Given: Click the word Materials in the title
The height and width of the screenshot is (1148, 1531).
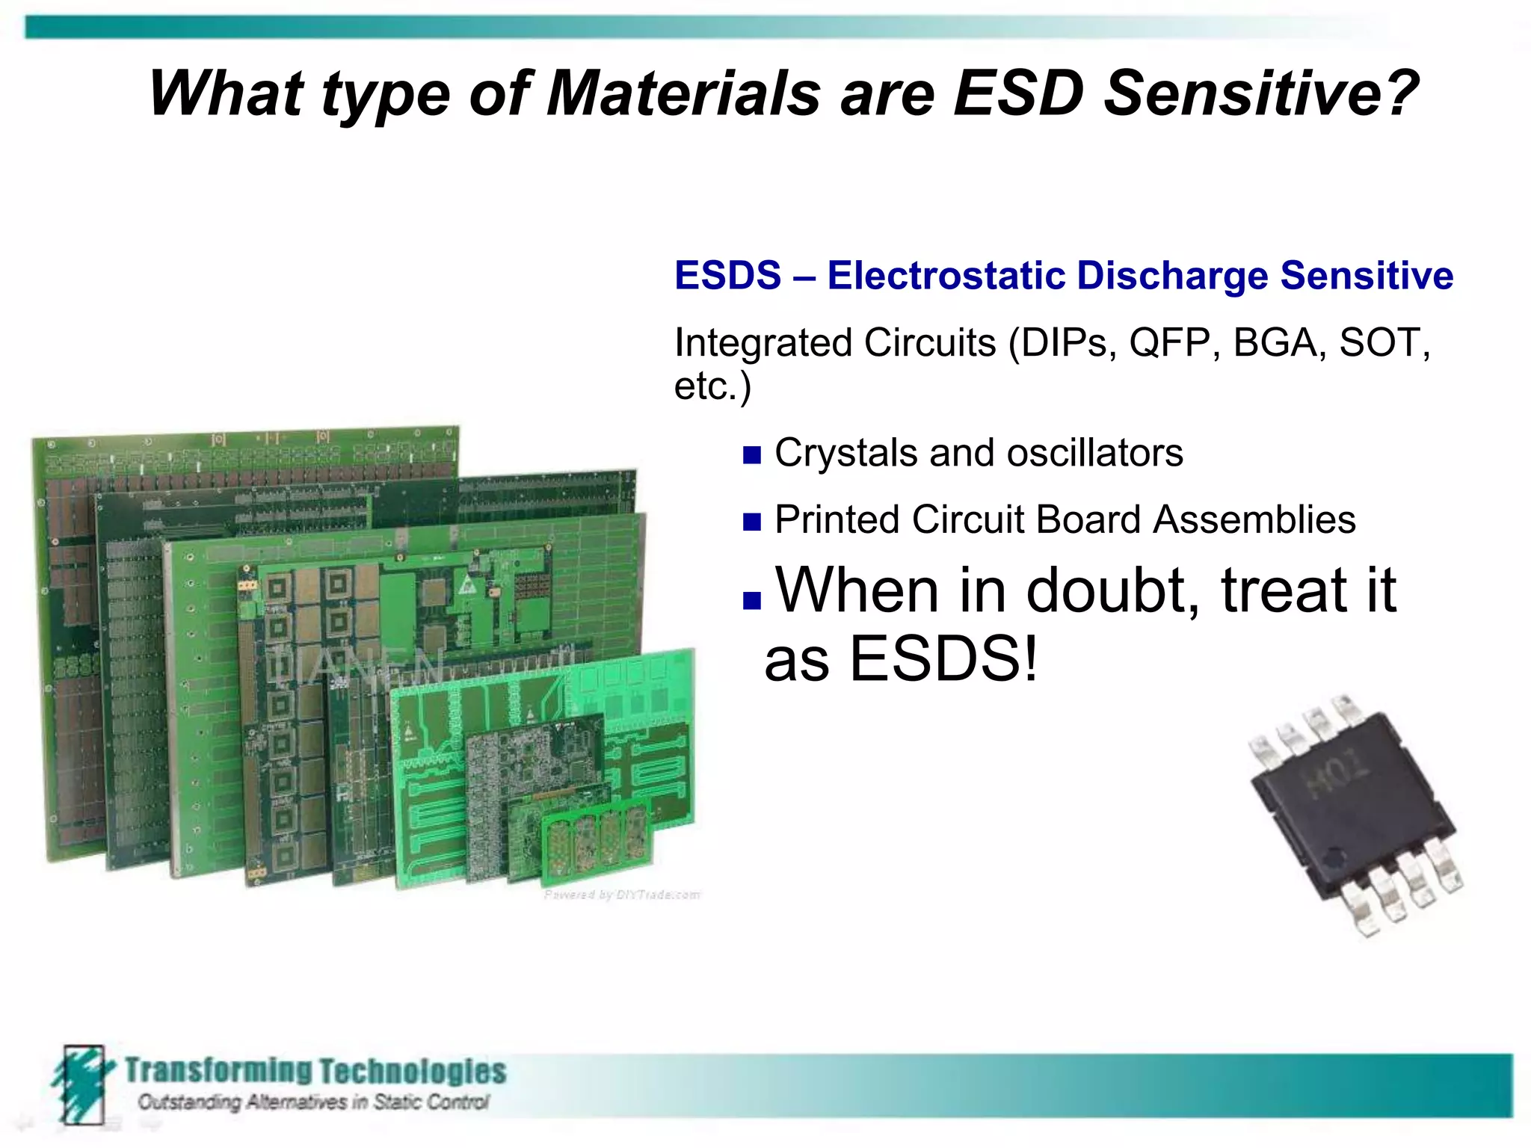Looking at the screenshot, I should (x=683, y=94).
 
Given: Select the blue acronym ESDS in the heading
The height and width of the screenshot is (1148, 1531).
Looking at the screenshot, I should (x=727, y=275).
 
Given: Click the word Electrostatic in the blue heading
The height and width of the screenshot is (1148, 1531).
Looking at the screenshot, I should (x=946, y=275).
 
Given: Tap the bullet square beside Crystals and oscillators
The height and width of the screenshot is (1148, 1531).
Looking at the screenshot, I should (x=751, y=455).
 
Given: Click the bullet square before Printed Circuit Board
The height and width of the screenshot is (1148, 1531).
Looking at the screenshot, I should (x=751, y=522).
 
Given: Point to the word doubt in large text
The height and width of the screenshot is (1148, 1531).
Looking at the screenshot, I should (x=1112, y=590).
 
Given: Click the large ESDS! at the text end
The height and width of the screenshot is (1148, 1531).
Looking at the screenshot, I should (x=943, y=659).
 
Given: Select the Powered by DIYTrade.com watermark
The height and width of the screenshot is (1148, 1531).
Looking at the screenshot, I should (x=622, y=895).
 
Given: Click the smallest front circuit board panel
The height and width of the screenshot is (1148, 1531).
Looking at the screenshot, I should (x=597, y=837).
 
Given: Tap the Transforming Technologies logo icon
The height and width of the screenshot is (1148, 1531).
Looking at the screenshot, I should (x=81, y=1084).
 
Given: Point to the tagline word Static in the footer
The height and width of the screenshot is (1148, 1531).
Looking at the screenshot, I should (x=400, y=1102).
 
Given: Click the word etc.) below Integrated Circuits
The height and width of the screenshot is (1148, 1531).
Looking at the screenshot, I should (x=712, y=387).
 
